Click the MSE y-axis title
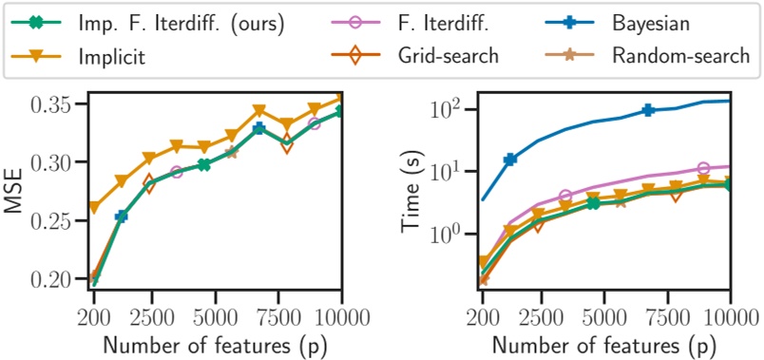pyautogui.click(x=15, y=193)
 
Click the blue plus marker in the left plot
pyautogui.click(x=122, y=217)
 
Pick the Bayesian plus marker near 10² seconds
pyautogui.click(x=648, y=110)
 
